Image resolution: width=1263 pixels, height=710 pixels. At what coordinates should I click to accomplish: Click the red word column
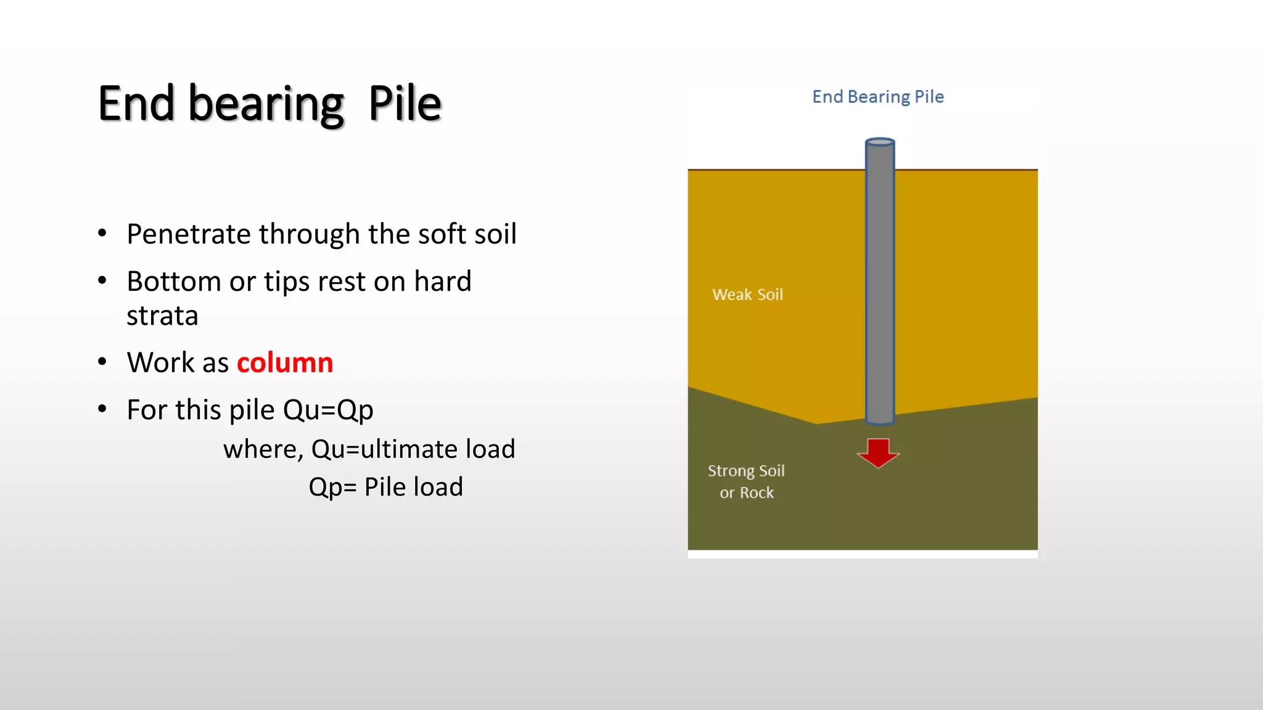[x=285, y=362]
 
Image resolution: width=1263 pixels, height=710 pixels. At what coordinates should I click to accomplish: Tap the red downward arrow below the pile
[x=878, y=452]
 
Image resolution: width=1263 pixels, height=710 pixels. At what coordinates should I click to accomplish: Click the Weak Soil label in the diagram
[x=747, y=295]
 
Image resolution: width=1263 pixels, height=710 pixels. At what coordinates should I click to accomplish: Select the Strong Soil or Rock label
[x=746, y=481]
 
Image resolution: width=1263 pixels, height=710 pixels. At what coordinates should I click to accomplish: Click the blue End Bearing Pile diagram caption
[x=878, y=97]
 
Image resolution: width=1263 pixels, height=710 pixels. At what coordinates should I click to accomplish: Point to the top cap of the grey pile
[x=880, y=142]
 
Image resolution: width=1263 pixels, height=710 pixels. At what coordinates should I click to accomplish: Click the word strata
[x=162, y=316]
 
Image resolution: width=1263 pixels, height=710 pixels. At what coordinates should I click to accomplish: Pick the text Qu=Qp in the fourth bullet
[x=328, y=410]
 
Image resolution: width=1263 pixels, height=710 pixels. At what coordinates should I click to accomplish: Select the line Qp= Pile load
[x=385, y=487]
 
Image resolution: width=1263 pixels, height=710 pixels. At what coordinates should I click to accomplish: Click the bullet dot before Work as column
[x=102, y=362]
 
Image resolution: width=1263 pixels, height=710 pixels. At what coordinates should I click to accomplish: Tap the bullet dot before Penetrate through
[x=102, y=234]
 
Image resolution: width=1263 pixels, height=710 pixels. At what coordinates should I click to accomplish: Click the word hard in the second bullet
[x=442, y=282]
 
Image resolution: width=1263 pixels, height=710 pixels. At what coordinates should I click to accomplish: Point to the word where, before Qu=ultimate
[x=263, y=449]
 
